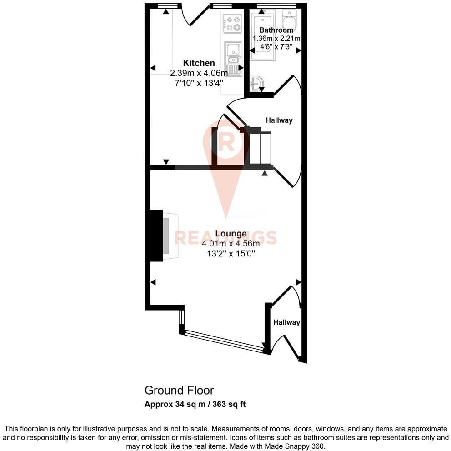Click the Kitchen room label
pos(199,63)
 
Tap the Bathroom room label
pos(273,30)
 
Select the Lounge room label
pos(231,234)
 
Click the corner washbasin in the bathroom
pos(257,83)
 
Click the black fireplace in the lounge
pos(156,236)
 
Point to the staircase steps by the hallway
pos(261,147)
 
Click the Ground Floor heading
pos(179,390)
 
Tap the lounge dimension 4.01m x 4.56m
pos(231,244)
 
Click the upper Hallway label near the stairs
pos(279,120)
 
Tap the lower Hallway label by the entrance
pos(286,322)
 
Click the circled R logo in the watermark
pos(226,143)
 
